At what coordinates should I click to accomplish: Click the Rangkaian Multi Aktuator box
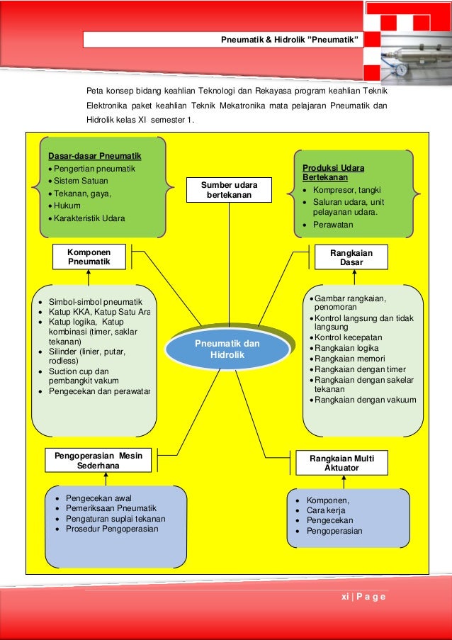tap(344, 463)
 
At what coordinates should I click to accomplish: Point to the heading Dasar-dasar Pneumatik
tap(95, 156)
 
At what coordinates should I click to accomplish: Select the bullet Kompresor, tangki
tap(341, 190)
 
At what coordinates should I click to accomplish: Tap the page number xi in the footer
tap(345, 597)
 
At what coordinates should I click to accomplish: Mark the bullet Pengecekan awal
tap(98, 498)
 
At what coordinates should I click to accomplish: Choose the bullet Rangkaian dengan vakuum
tap(365, 400)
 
